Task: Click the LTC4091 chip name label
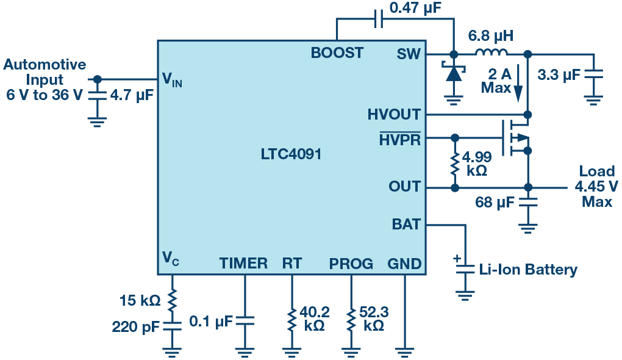pyautogui.click(x=291, y=154)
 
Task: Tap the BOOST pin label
pyautogui.click(x=337, y=53)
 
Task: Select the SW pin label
pyautogui.click(x=408, y=54)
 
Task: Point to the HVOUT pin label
pyautogui.click(x=393, y=114)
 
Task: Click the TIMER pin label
pyautogui.click(x=243, y=263)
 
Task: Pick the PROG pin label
pyautogui.click(x=351, y=264)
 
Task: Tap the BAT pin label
pyautogui.click(x=406, y=225)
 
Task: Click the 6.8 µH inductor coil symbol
pyautogui.click(x=491, y=52)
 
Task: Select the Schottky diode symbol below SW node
pyautogui.click(x=454, y=72)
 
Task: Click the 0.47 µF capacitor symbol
pyautogui.click(x=379, y=19)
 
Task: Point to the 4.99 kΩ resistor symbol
pyautogui.click(x=455, y=164)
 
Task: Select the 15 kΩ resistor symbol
pyautogui.click(x=172, y=300)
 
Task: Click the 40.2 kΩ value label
pyautogui.click(x=314, y=319)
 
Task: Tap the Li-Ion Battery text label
pyautogui.click(x=528, y=270)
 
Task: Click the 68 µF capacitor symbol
pyautogui.click(x=527, y=201)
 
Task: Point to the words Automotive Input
pyautogui.click(x=45, y=72)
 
